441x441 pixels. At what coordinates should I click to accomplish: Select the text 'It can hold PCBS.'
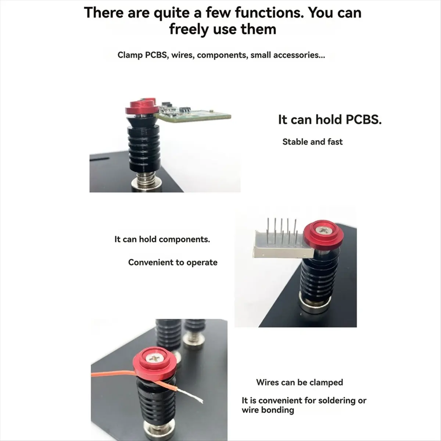coord(330,120)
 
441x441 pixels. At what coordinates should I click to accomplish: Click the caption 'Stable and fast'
coord(312,142)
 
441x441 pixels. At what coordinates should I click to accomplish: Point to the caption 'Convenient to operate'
coord(173,262)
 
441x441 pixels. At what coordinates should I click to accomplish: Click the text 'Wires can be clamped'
coord(300,383)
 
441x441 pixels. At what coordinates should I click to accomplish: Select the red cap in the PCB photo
coord(141,107)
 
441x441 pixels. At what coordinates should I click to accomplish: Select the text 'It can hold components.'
coord(162,239)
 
